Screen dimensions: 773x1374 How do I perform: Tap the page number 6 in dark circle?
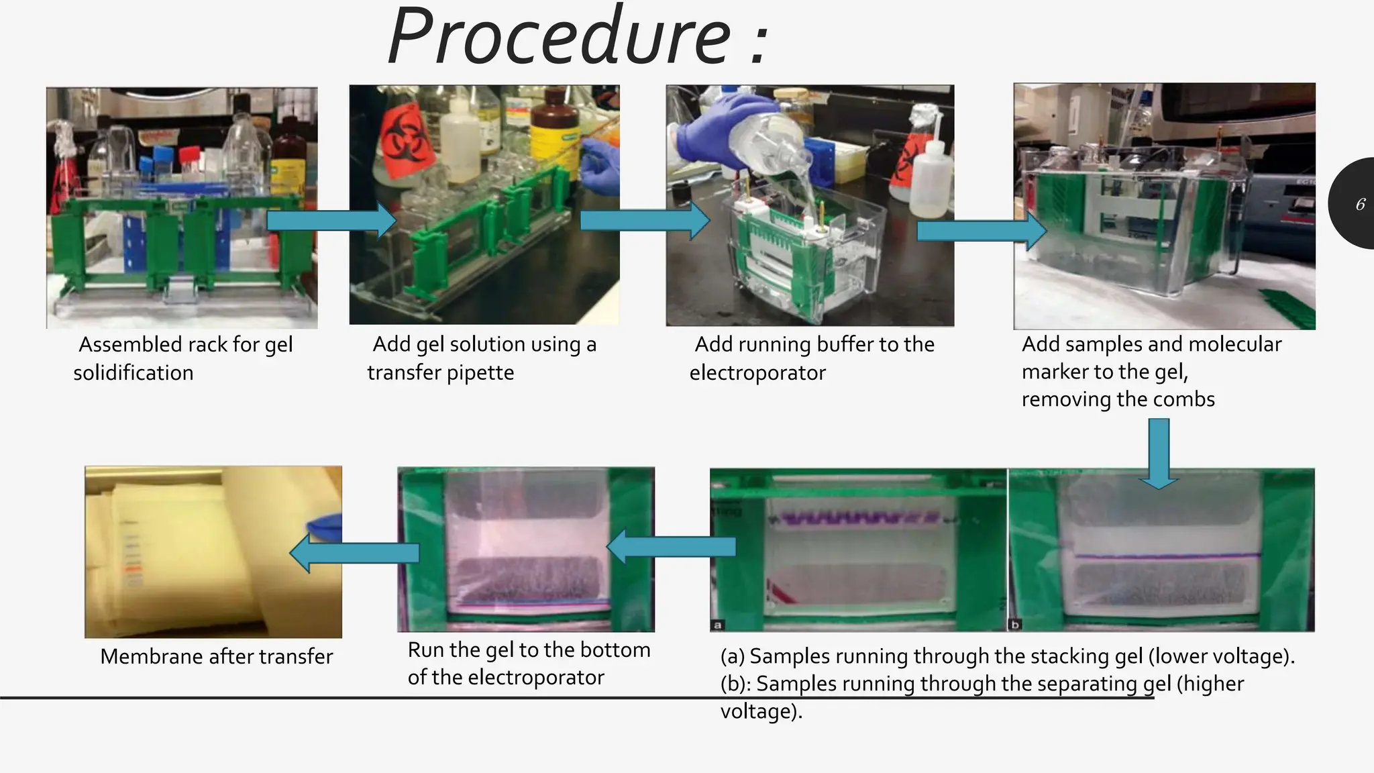pyautogui.click(x=1360, y=204)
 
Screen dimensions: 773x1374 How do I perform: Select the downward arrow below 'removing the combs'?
pyautogui.click(x=1159, y=454)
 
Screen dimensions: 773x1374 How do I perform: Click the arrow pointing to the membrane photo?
pyautogui.click(x=354, y=553)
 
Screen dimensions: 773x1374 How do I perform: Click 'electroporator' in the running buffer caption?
pyautogui.click(x=757, y=373)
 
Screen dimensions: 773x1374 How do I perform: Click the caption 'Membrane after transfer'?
pyautogui.click(x=216, y=656)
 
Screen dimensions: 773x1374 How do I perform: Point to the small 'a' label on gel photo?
pyautogui.click(x=717, y=625)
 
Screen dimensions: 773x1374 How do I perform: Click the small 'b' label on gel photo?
pyautogui.click(x=1015, y=625)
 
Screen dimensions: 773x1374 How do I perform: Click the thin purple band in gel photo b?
pyautogui.click(x=1167, y=556)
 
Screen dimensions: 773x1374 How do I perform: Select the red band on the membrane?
pyautogui.click(x=134, y=568)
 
